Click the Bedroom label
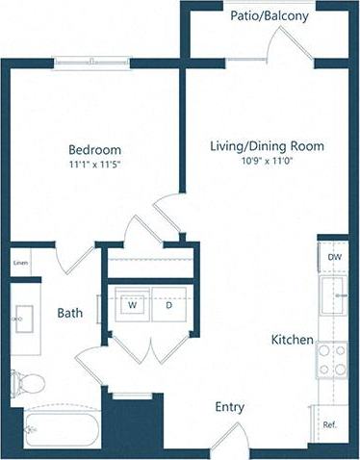pyautogui.click(x=94, y=149)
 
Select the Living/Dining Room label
pyautogui.click(x=267, y=146)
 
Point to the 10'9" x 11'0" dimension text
pyautogui.click(x=267, y=161)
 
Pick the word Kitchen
pyautogui.click(x=291, y=340)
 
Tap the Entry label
pyautogui.click(x=229, y=407)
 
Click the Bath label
pyautogui.click(x=69, y=313)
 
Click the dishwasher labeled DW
pyautogui.click(x=333, y=257)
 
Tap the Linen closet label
pyautogui.click(x=19, y=263)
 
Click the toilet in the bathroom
pyautogui.click(x=27, y=382)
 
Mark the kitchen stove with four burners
pyautogui.click(x=332, y=360)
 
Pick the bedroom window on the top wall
pyautogui.click(x=91, y=64)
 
